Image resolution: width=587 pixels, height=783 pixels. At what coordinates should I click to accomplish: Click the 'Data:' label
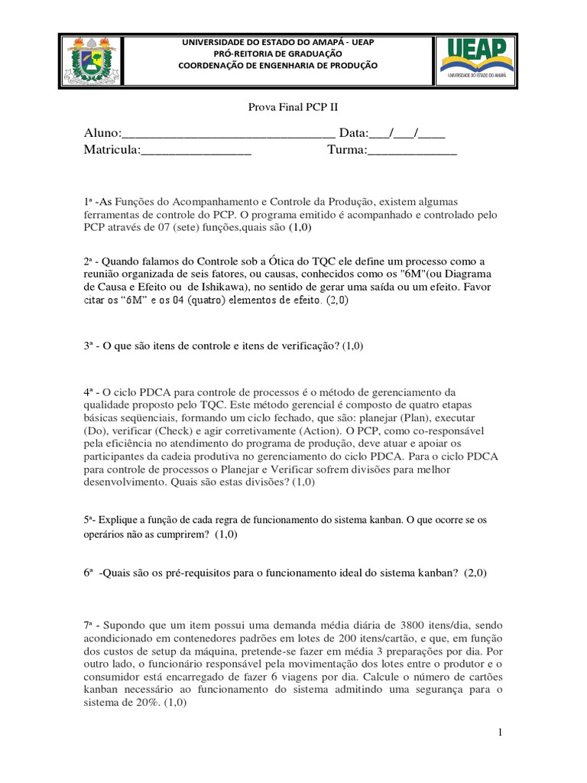[x=353, y=134]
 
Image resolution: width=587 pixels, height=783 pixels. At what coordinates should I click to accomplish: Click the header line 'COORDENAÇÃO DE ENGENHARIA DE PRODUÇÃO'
[x=277, y=66]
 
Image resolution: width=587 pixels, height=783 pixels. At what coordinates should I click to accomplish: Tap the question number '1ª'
[x=89, y=200]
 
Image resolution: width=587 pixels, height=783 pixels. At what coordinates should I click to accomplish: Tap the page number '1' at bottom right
[x=499, y=733]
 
